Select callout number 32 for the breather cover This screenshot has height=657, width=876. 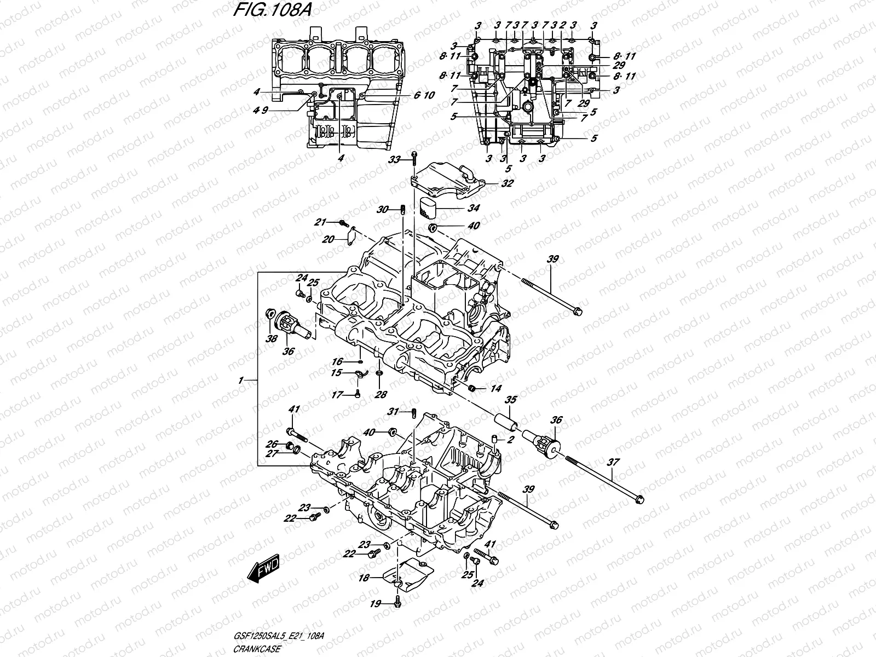pos(507,184)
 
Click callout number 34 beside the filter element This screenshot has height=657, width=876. pos(474,209)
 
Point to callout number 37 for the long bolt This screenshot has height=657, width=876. pos(613,463)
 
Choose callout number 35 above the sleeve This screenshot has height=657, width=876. pos(511,400)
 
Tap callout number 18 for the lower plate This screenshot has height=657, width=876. pos(363,577)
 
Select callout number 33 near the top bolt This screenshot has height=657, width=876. pos(394,159)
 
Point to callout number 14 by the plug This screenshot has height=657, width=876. pos(495,389)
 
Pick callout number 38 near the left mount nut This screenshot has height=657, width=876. pos(270,339)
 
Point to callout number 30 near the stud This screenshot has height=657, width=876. pos(382,210)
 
